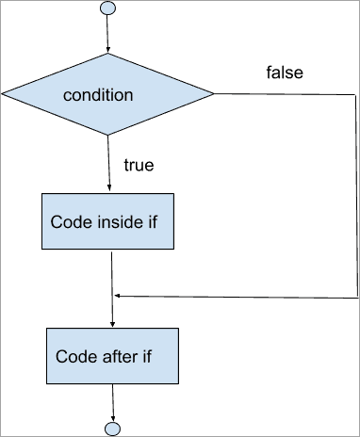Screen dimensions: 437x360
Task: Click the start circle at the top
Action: (107, 8)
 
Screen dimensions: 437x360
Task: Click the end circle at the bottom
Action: (112, 429)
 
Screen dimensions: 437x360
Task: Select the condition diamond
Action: (107, 94)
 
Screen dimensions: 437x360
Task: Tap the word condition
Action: (97, 95)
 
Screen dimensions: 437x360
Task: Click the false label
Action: (285, 73)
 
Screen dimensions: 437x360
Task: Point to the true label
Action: (139, 166)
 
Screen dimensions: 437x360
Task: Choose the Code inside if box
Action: (109, 223)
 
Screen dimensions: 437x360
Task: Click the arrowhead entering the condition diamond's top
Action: (107, 49)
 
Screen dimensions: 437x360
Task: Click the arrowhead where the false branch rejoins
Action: (117, 296)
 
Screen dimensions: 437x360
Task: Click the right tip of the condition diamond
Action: (214, 94)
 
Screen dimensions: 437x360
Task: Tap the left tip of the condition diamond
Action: (3, 94)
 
